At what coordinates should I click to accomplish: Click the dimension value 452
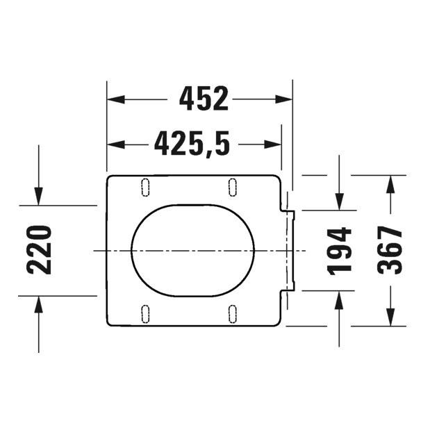point(204,99)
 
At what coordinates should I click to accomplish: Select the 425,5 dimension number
point(192,144)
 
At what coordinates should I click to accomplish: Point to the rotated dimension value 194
point(340,250)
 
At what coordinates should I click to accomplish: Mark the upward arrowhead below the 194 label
point(339,299)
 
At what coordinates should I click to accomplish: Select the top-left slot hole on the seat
point(145,186)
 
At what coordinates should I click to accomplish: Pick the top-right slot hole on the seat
point(233,186)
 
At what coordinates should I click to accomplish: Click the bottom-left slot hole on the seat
point(145,313)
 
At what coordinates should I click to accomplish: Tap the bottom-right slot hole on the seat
point(233,313)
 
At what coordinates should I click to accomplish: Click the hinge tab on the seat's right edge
point(290,250)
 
